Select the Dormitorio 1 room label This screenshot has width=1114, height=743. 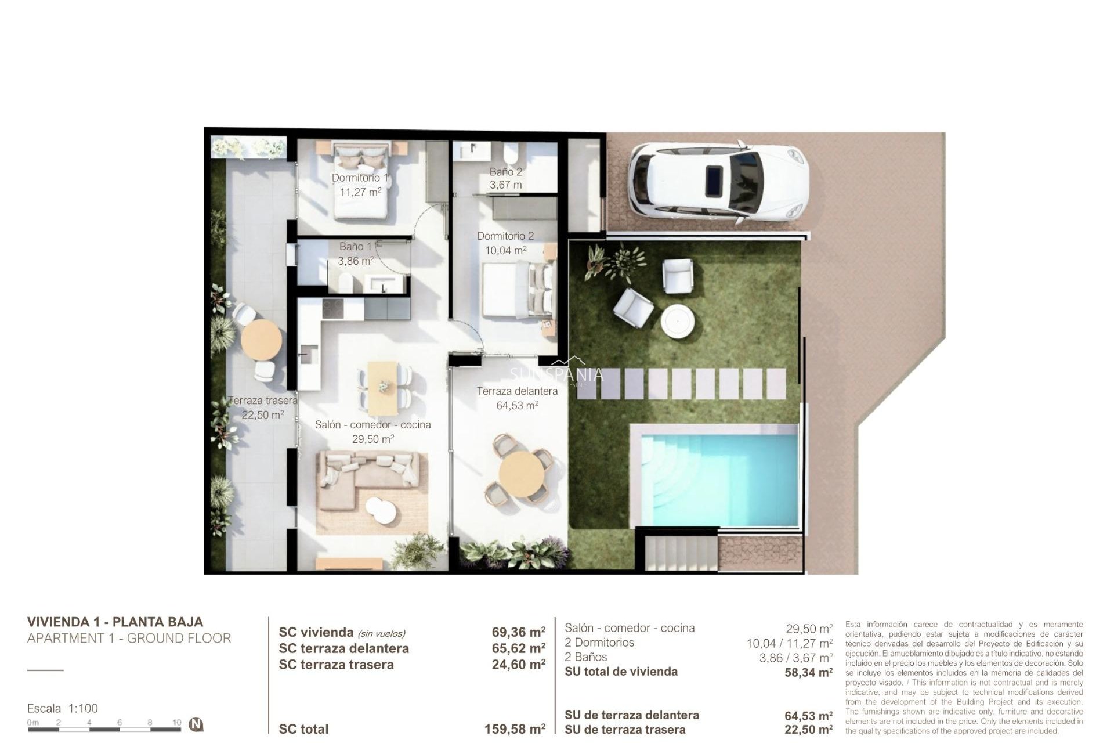pos(360,178)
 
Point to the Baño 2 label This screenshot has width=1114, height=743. pos(505,172)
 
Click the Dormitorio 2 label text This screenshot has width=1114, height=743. pos(505,236)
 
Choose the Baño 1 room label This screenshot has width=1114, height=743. pos(355,247)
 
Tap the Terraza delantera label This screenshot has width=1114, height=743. pos(517,391)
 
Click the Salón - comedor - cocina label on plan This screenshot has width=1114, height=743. pos(373,425)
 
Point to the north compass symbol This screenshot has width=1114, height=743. pos(197,724)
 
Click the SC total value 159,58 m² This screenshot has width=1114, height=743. pos(515,729)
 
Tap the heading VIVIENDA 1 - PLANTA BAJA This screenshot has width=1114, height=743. pos(115,622)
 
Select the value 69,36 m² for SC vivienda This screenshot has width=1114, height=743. pos(518,632)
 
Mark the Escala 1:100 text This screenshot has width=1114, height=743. pos(63,708)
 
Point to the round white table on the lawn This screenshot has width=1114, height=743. pos(678,321)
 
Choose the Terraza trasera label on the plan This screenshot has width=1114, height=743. pos(262,401)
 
